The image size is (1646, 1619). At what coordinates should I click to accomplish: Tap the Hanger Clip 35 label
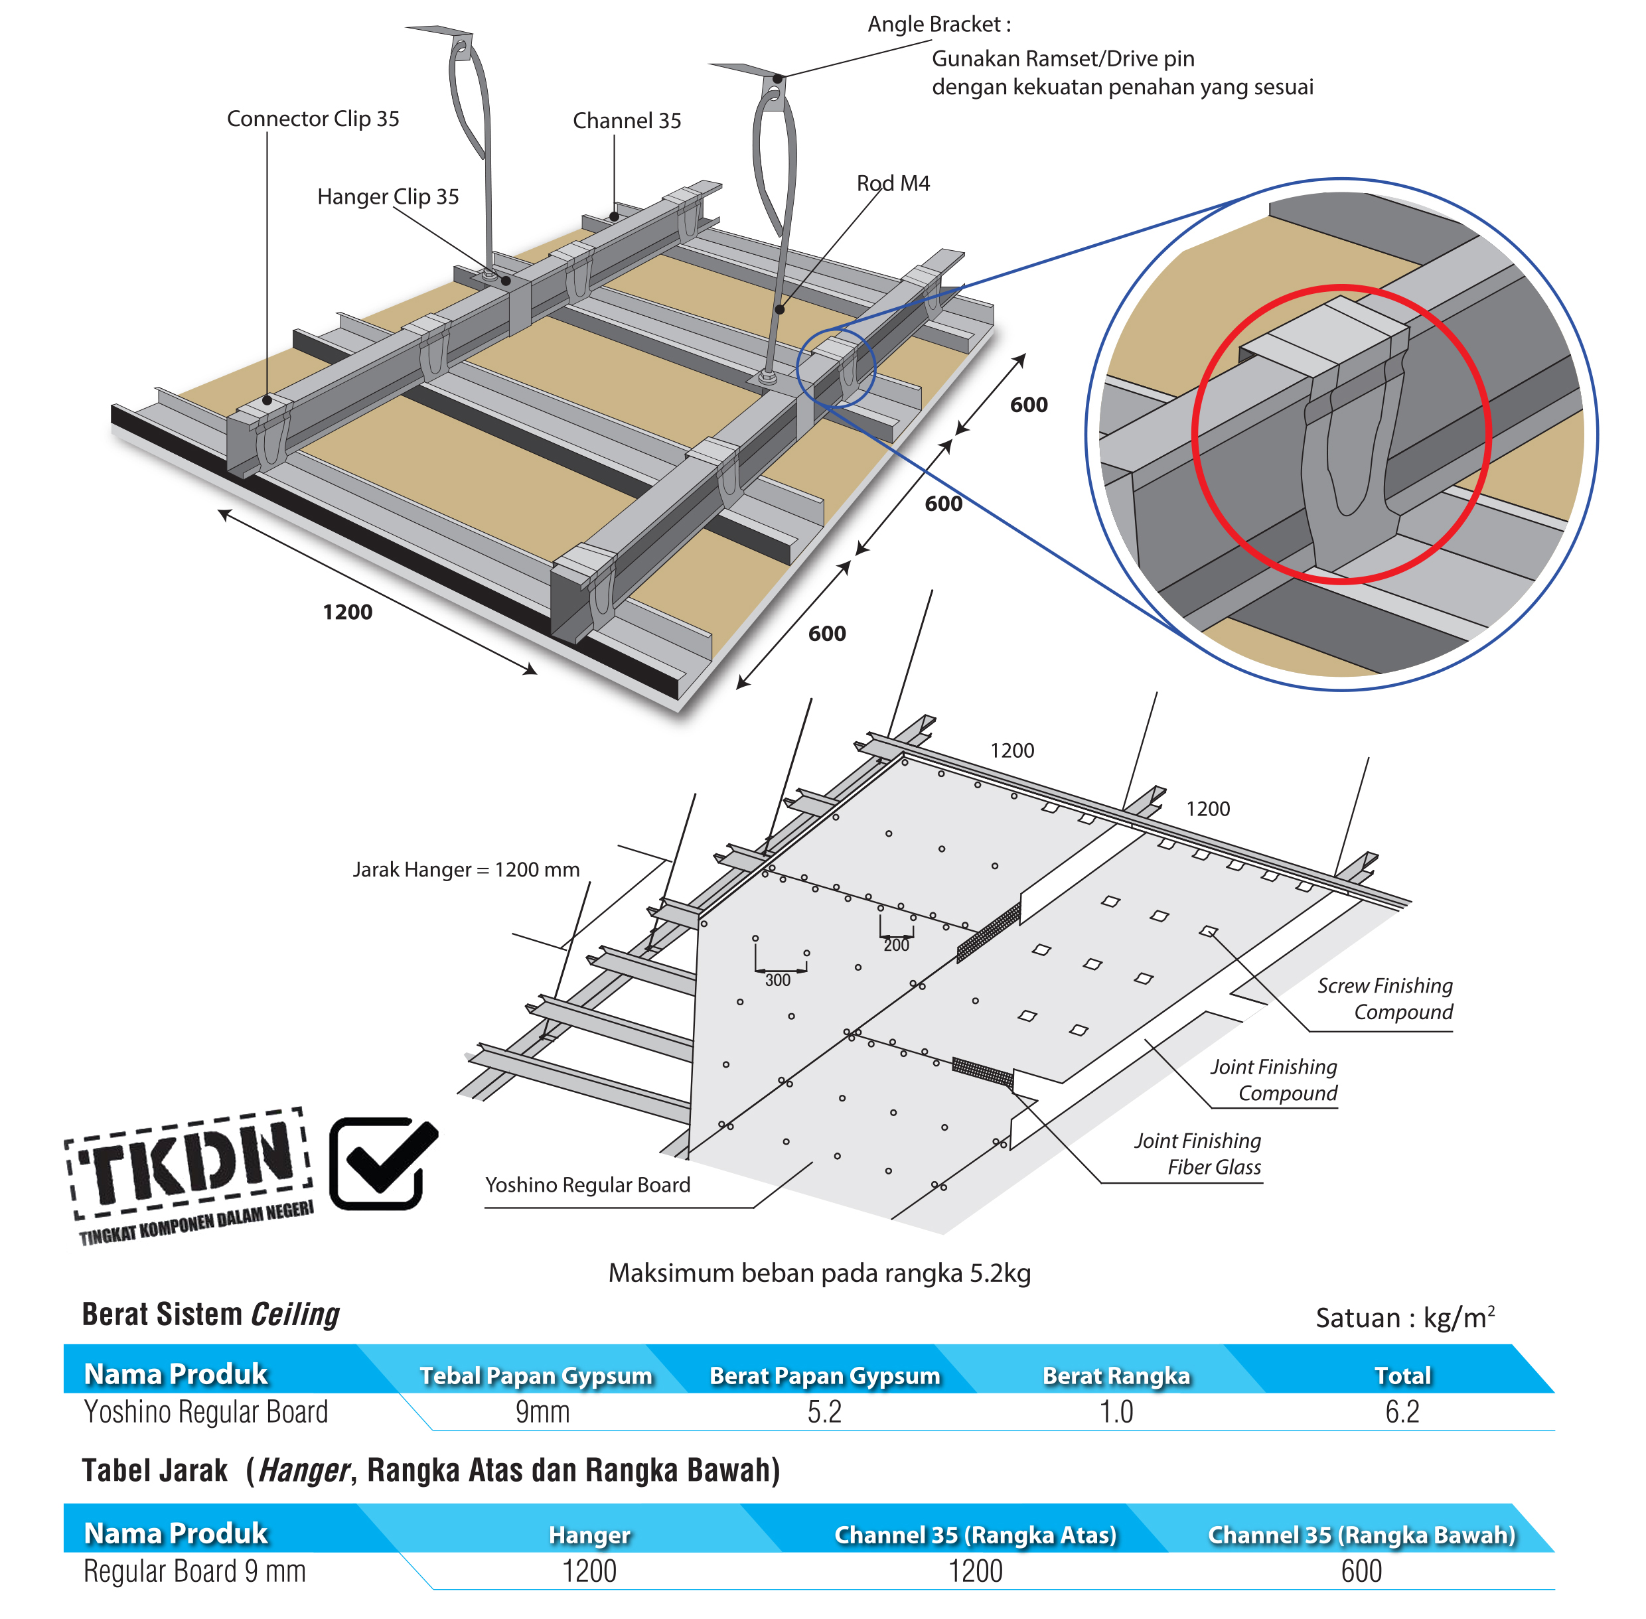(x=387, y=196)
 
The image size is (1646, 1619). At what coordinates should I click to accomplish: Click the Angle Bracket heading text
(x=938, y=24)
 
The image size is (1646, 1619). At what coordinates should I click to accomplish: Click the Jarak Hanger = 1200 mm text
(x=465, y=869)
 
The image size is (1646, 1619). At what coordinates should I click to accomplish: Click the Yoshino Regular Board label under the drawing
(x=587, y=1184)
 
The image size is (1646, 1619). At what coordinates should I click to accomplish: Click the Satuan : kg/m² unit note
(x=1404, y=1317)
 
